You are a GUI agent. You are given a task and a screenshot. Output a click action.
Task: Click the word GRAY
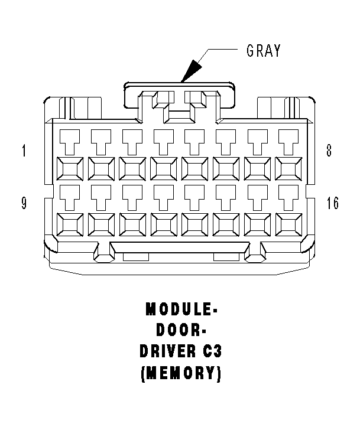click(x=264, y=51)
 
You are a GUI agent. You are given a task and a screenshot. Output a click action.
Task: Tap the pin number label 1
click(x=24, y=151)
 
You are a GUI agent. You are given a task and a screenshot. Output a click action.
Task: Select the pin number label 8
click(x=329, y=151)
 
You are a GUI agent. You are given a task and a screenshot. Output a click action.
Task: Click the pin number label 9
click(x=24, y=204)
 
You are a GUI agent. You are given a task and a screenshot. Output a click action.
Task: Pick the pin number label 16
click(x=332, y=204)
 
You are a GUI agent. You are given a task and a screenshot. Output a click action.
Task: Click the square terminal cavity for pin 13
click(x=195, y=225)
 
